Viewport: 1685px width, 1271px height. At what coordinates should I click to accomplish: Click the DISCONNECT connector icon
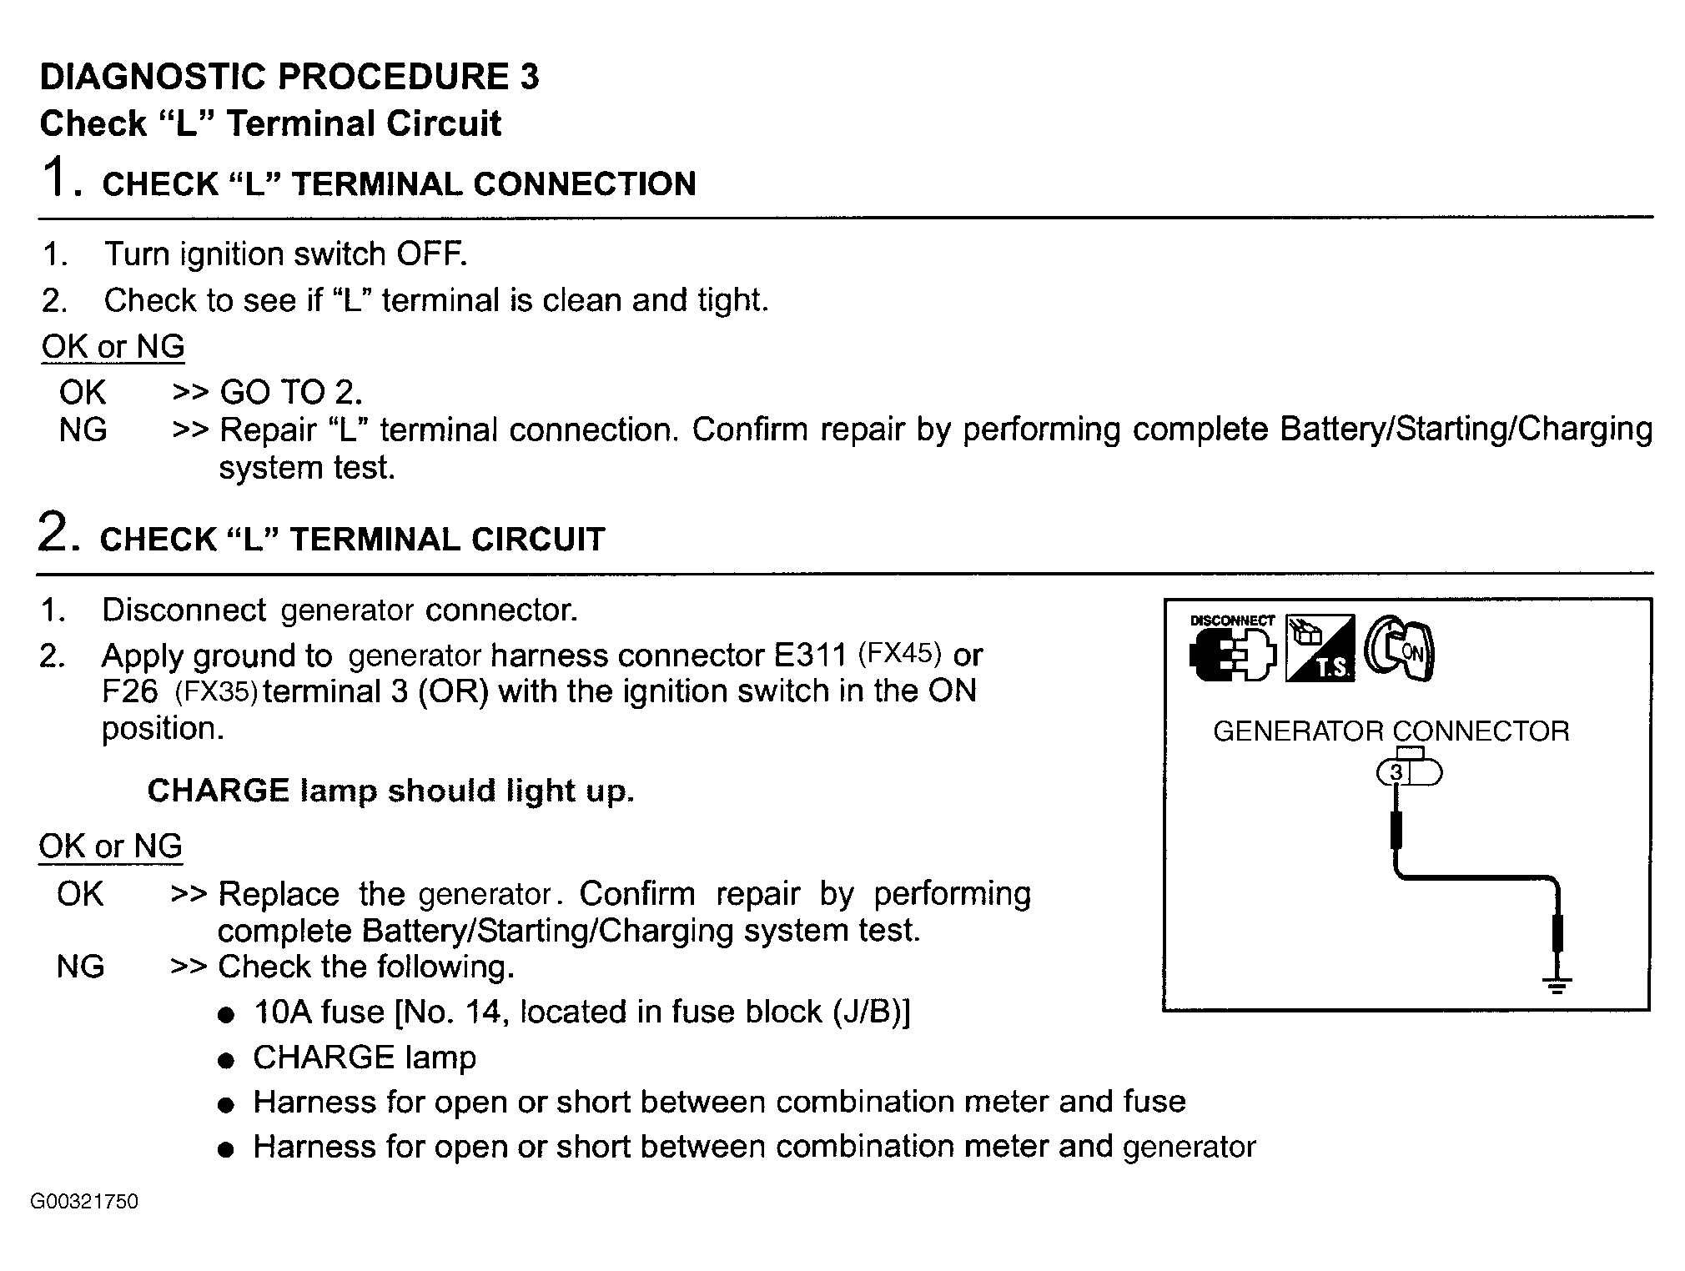pyautogui.click(x=1232, y=651)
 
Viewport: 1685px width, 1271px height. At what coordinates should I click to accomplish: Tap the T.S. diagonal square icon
pyautogui.click(x=1320, y=648)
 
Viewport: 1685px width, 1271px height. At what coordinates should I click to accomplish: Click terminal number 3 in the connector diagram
pyautogui.click(x=1396, y=773)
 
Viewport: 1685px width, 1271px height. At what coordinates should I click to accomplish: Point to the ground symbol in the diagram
pyautogui.click(x=1557, y=984)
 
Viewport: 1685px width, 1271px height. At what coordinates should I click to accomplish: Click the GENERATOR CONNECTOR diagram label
pyautogui.click(x=1391, y=731)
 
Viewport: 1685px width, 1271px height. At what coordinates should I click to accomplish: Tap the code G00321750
pyautogui.click(x=84, y=1202)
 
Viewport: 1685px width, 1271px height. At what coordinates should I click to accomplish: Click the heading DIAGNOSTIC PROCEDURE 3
pyautogui.click(x=289, y=77)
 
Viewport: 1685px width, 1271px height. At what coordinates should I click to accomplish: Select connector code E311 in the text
pyautogui.click(x=810, y=656)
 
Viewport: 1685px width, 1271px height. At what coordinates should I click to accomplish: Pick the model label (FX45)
pyautogui.click(x=900, y=653)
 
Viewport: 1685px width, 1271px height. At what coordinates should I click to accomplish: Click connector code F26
pyautogui.click(x=129, y=692)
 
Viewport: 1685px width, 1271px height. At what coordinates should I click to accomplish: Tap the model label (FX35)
pyautogui.click(x=216, y=692)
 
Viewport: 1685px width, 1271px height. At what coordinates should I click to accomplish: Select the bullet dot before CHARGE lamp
pyautogui.click(x=224, y=1061)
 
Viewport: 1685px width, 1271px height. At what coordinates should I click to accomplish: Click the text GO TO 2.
pyautogui.click(x=291, y=392)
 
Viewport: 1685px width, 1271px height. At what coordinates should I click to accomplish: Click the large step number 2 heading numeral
pyautogui.click(x=53, y=533)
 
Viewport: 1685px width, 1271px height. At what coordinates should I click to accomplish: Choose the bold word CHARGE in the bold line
pyautogui.click(x=219, y=791)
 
